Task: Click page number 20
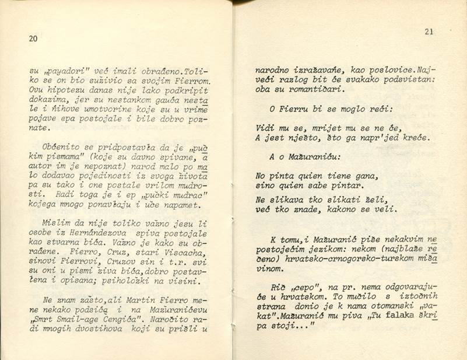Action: coord(33,39)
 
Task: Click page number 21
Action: coord(429,32)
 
